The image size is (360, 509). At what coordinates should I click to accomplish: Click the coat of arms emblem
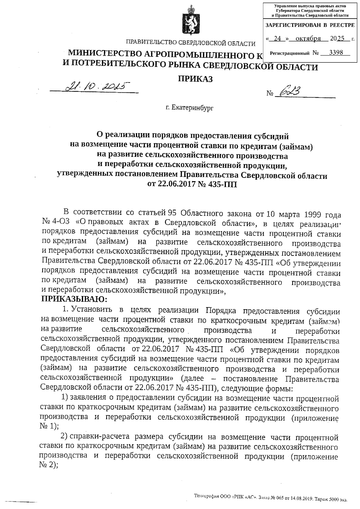[190, 20]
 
